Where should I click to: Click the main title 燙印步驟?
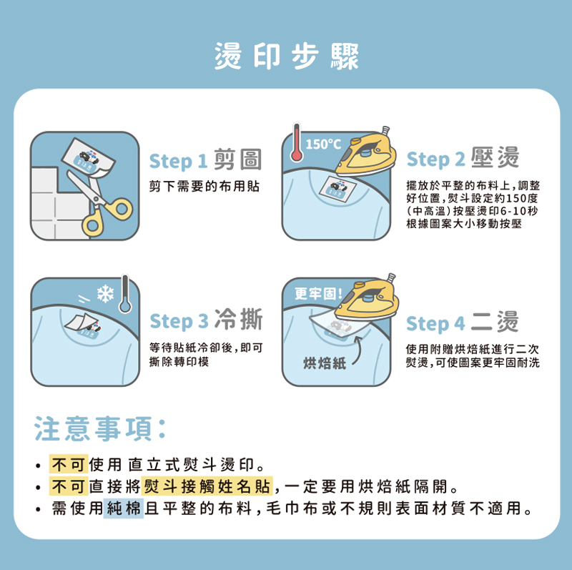click(x=287, y=56)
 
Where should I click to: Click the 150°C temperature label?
click(x=323, y=144)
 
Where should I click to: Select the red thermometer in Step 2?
click(x=297, y=143)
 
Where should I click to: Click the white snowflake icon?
click(x=105, y=294)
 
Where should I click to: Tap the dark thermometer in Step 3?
click(x=125, y=294)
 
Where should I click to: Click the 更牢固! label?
click(x=318, y=293)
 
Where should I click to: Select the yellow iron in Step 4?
click(x=367, y=297)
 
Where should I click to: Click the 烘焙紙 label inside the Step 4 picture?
click(x=325, y=363)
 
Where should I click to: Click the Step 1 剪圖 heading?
click(x=205, y=159)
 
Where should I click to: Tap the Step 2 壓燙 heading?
click(x=463, y=158)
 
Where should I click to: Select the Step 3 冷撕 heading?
click(x=206, y=320)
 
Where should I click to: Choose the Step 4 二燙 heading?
click(x=462, y=323)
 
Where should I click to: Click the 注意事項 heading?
click(x=100, y=428)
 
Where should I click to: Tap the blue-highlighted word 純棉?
click(x=124, y=508)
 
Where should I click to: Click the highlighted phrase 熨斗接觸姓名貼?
click(x=207, y=486)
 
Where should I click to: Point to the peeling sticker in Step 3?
click(x=82, y=324)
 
